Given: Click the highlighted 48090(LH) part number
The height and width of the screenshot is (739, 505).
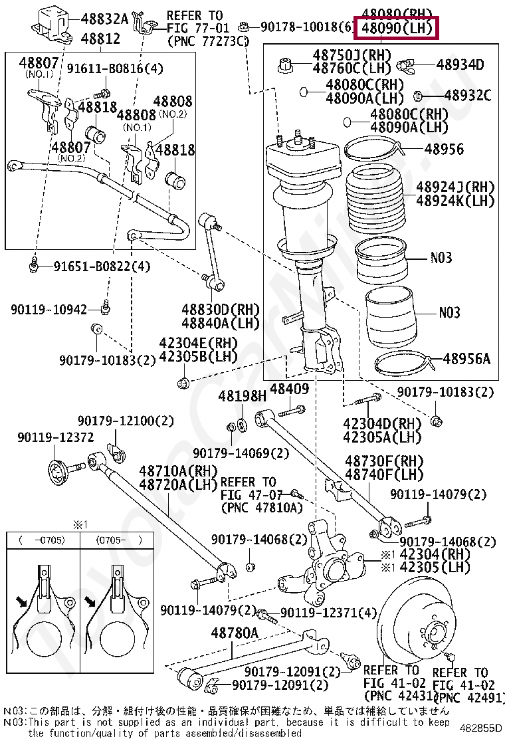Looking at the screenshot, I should point(397,29).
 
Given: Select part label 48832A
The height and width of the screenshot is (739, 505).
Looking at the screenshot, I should point(104,19).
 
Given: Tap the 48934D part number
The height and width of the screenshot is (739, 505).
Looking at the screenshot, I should point(460,64).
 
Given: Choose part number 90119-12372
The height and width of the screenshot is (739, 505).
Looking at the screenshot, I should point(55,437).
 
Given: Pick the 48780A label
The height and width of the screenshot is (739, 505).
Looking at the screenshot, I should point(235,633).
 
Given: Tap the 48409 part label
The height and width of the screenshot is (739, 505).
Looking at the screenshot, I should point(290,389).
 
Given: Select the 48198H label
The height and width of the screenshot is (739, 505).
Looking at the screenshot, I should point(242,396).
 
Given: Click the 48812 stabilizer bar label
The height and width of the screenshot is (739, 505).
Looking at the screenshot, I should point(100,39).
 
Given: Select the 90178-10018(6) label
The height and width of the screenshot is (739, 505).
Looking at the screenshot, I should point(306,27).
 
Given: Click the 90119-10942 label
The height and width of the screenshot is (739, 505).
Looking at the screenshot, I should point(49,310).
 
